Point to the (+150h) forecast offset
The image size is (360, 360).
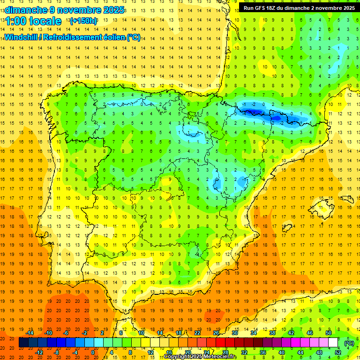(x=83, y=21)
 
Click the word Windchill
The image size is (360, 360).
(x=22, y=37)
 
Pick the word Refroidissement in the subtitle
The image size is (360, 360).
(x=74, y=37)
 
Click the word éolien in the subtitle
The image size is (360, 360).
(x=115, y=37)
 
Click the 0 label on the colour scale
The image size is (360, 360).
(x=93, y=352)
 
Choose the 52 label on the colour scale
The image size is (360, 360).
(x=337, y=352)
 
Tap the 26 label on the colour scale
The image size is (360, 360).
(x=216, y=333)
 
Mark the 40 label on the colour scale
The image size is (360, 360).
(x=281, y=352)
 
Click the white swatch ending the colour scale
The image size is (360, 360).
(x=333, y=343)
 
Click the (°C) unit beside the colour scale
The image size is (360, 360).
(x=349, y=343)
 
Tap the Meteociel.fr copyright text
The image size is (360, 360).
(x=201, y=357)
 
